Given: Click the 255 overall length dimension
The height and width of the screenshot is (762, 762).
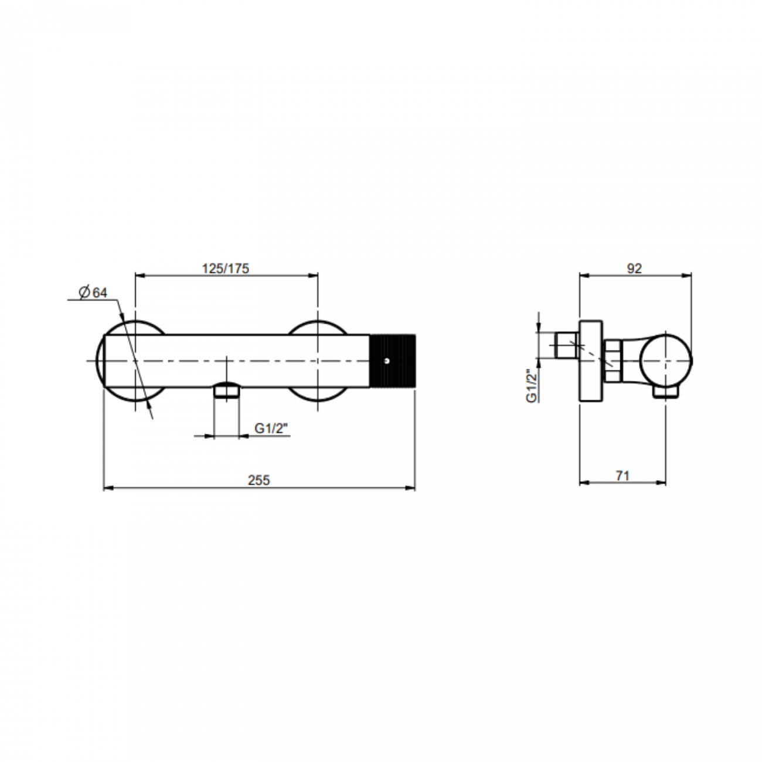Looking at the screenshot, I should (x=258, y=480).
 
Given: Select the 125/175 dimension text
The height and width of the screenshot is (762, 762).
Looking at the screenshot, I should (x=226, y=268).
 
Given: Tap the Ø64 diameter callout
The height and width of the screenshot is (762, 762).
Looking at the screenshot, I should (x=93, y=292).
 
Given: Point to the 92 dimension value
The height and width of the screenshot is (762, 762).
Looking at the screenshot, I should (x=634, y=268).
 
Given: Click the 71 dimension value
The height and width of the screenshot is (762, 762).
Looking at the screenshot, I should (x=622, y=475).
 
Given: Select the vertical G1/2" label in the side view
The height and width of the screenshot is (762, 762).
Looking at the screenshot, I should (x=532, y=385).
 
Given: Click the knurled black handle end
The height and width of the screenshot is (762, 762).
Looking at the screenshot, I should (x=393, y=361).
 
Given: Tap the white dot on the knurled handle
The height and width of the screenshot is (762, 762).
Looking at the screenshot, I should (x=386, y=361).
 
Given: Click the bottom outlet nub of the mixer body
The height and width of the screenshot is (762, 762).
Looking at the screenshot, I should (x=227, y=390).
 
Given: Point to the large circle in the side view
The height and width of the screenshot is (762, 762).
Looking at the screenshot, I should (x=666, y=360).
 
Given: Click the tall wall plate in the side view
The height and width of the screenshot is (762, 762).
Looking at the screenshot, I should (x=590, y=361).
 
